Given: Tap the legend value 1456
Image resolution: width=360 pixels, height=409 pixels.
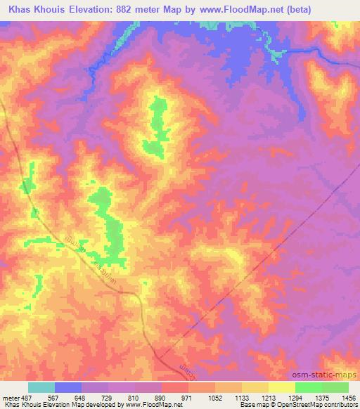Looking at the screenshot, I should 349,397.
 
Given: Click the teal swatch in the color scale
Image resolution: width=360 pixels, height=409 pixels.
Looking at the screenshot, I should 41,387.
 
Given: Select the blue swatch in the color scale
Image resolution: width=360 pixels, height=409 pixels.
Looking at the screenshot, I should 68,387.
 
